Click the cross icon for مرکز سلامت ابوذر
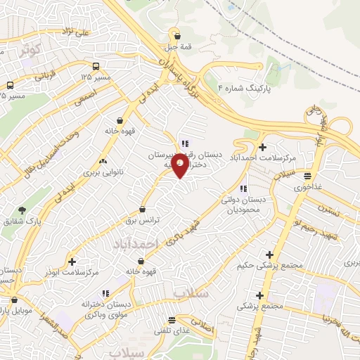[72, 261]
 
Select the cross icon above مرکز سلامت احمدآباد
[262, 147]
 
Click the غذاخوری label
[307, 187]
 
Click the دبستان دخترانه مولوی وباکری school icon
[105, 293]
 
